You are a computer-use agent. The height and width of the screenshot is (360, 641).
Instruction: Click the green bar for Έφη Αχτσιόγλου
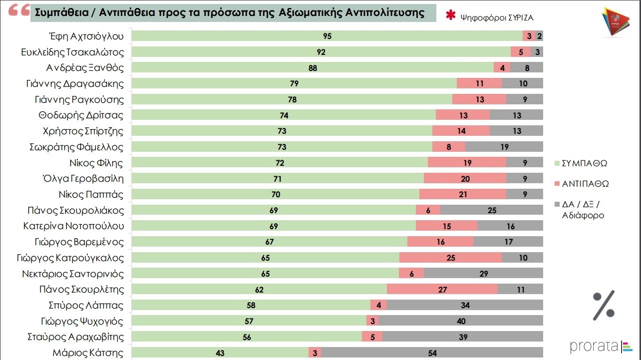click(327, 36)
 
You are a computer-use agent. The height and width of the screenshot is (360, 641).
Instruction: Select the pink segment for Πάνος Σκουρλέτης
click(442, 289)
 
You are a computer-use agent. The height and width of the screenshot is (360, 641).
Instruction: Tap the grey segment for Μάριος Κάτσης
click(432, 353)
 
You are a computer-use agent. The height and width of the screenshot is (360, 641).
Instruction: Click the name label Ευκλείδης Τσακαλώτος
click(73, 52)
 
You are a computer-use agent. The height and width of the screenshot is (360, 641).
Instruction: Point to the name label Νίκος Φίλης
click(97, 163)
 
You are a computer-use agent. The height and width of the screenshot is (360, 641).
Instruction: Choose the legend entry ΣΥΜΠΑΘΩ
click(585, 163)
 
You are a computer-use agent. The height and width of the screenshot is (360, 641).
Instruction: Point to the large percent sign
click(604, 305)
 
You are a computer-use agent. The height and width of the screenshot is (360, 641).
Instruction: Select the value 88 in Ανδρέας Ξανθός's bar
click(313, 68)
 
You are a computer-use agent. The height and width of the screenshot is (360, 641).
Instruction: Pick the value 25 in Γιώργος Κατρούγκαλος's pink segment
click(450, 258)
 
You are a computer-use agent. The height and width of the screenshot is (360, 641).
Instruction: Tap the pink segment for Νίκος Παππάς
click(462, 194)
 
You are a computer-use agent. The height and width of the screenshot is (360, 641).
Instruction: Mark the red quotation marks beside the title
click(19, 11)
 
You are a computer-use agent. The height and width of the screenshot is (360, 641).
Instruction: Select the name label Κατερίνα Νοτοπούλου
click(73, 226)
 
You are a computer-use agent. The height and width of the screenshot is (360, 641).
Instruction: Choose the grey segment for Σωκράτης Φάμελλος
click(504, 147)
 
